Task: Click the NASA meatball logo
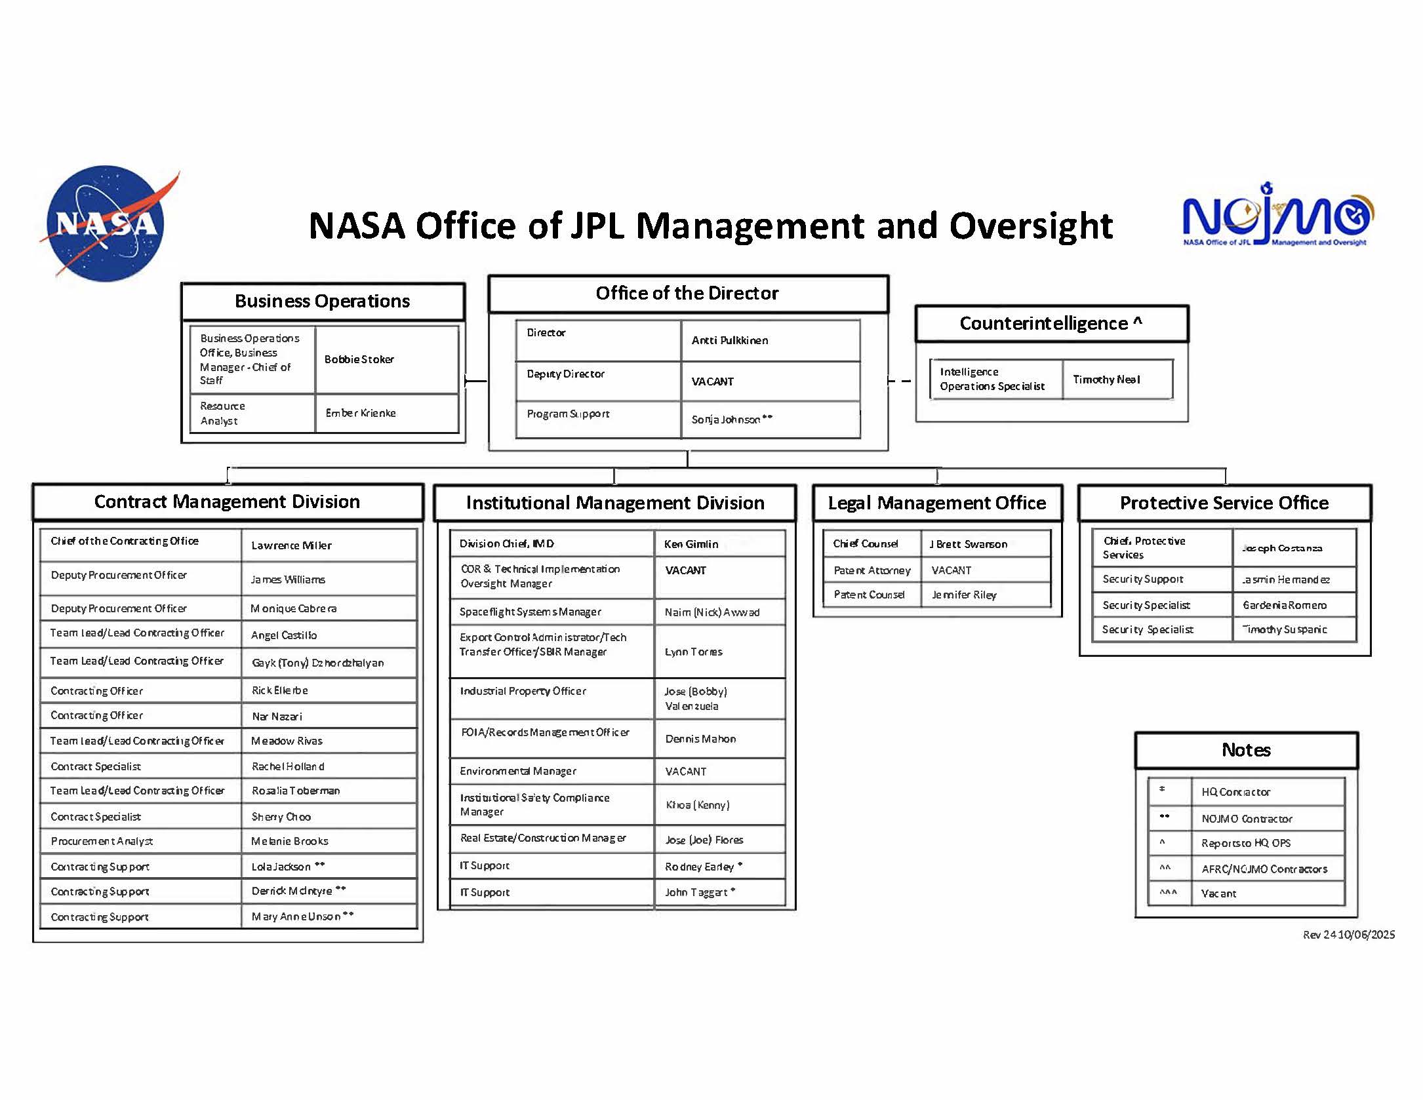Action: [105, 223]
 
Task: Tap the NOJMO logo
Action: [1277, 216]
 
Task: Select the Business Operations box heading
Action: [322, 302]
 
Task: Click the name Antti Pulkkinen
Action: [729, 340]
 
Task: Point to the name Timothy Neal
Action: [1106, 380]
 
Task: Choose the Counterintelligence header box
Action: [1051, 323]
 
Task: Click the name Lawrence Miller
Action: [291, 545]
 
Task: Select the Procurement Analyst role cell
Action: [102, 841]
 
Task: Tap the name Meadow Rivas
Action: [287, 741]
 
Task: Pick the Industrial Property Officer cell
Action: [523, 691]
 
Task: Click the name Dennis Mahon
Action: [700, 739]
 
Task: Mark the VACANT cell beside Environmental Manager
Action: [685, 772]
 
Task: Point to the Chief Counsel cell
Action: [866, 543]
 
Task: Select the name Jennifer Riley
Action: [964, 595]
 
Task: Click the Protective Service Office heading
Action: [1224, 503]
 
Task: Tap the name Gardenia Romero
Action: [1284, 605]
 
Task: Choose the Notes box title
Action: [1246, 750]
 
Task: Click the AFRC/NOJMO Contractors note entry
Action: [1264, 869]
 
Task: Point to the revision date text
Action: [1348, 935]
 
